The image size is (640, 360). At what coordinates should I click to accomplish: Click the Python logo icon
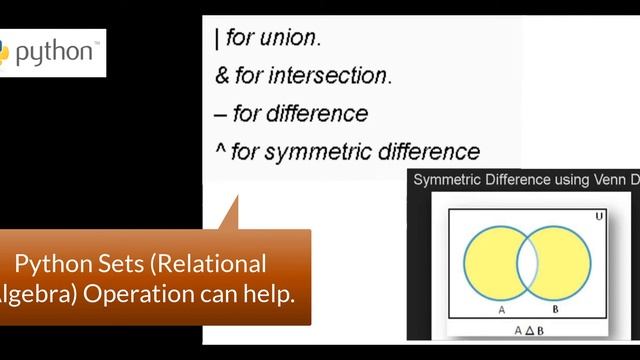pyautogui.click(x=4, y=49)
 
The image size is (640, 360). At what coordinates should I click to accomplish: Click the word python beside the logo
pyautogui.click(x=54, y=49)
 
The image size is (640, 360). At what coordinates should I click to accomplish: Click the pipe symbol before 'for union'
pyautogui.click(x=217, y=40)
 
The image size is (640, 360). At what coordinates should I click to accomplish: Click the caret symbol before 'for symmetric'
pyautogui.click(x=219, y=150)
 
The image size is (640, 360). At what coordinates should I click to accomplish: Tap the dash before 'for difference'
pyautogui.click(x=220, y=114)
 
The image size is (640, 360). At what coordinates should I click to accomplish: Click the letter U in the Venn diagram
pyautogui.click(x=599, y=216)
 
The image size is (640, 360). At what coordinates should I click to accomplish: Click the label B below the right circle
pyautogui.click(x=555, y=310)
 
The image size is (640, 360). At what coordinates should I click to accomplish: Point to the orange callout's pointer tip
pyautogui.click(x=237, y=196)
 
